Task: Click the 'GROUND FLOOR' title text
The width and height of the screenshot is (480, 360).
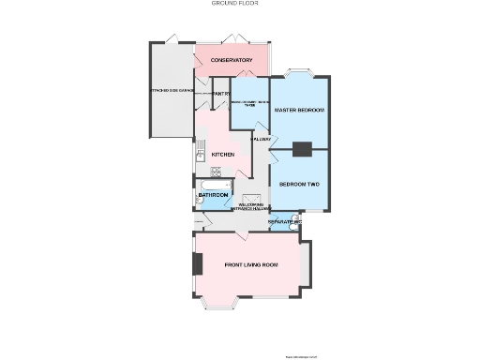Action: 235,4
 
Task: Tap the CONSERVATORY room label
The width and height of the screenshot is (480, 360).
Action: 232,61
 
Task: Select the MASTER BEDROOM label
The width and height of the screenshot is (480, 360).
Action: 299,111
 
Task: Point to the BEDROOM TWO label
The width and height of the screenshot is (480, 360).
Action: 299,184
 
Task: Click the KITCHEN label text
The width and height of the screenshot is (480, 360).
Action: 222,154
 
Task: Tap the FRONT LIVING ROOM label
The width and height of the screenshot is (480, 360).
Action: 251,265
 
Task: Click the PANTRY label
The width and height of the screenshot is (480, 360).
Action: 221,94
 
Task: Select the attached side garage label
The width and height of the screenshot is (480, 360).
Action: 171,91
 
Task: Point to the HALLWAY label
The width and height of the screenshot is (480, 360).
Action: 260,140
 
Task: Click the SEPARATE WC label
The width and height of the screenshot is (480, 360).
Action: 282,222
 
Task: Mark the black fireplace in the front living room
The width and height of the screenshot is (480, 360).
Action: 197,265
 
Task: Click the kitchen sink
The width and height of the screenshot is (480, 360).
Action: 201,147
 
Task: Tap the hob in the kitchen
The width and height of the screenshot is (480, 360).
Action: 216,172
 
